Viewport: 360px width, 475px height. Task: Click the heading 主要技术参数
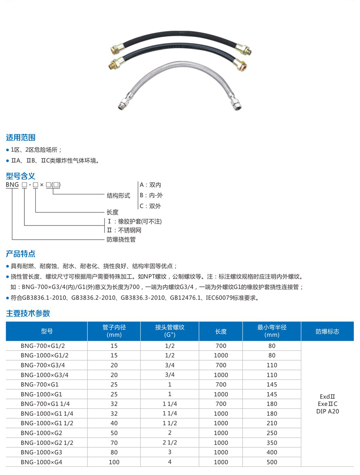(28, 313)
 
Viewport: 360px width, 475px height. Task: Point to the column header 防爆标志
(327, 331)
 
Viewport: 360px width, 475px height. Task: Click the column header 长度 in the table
(221, 331)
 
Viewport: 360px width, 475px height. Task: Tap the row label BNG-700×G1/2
(43, 346)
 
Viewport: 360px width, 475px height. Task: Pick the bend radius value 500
(272, 462)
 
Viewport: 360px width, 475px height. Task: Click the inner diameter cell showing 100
(114, 462)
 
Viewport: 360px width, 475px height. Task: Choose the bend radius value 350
(272, 443)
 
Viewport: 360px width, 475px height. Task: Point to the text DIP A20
(327, 411)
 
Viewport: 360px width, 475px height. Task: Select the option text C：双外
(150, 206)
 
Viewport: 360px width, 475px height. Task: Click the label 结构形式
(118, 196)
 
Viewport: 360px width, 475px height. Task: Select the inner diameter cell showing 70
(114, 443)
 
